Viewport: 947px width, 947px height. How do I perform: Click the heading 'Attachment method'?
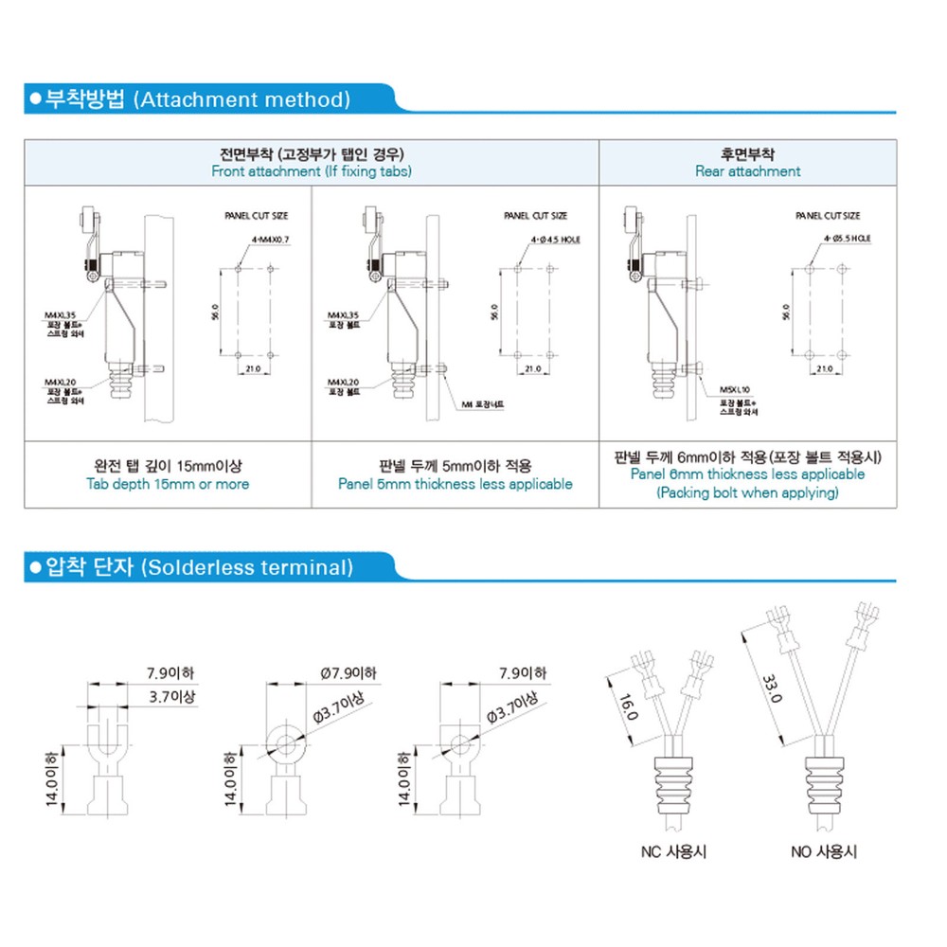(x=242, y=99)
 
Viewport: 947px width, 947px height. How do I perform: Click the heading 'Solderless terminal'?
(x=246, y=567)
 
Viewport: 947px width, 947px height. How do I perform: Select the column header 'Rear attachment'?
(x=747, y=171)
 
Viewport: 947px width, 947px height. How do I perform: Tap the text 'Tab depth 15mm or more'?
(x=168, y=484)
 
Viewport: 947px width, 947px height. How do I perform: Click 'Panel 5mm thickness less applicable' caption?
(x=456, y=484)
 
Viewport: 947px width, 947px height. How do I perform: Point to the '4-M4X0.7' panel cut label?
(x=272, y=241)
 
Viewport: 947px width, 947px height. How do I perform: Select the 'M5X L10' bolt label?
(x=734, y=389)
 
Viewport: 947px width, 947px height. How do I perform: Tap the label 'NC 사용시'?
(x=673, y=851)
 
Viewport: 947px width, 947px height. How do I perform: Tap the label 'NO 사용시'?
(x=824, y=851)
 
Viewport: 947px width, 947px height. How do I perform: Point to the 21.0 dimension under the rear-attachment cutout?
(x=824, y=369)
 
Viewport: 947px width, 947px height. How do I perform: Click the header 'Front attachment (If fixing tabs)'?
(x=312, y=171)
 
